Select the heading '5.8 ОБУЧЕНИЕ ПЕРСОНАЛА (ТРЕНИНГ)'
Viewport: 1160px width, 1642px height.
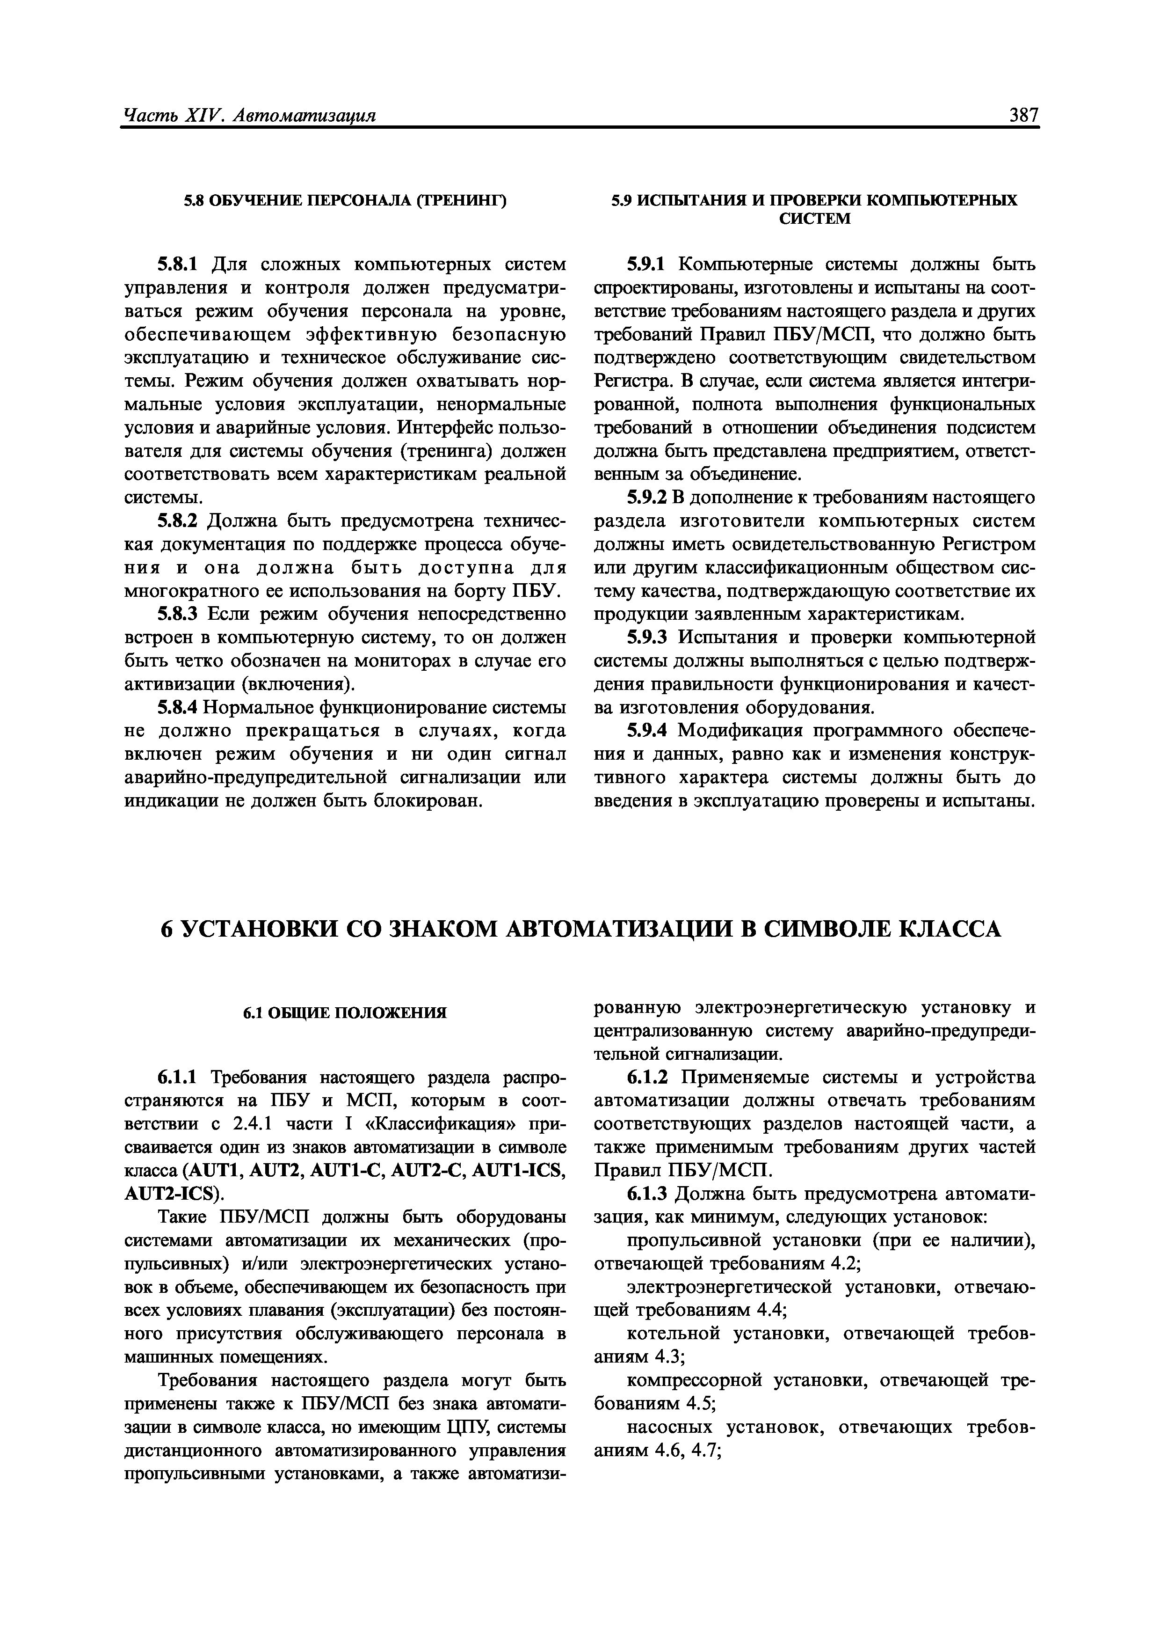pyautogui.click(x=345, y=202)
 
